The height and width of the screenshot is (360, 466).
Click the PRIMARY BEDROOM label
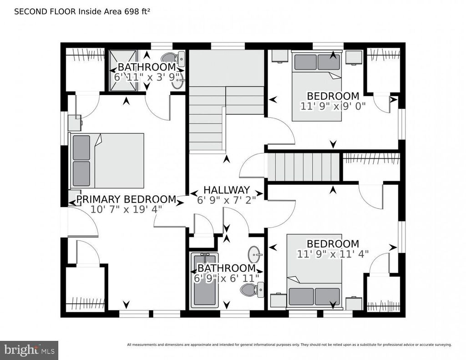(x=127, y=199)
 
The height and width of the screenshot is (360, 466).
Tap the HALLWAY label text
(x=227, y=190)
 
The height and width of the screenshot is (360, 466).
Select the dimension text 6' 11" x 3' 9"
(x=147, y=77)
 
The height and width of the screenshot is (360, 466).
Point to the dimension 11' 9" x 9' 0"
(x=333, y=106)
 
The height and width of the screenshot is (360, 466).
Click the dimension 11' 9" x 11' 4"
(x=333, y=254)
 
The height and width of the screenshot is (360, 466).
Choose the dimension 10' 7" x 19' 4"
(x=127, y=209)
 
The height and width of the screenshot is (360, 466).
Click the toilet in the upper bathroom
(x=173, y=59)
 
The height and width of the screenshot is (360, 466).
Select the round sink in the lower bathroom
(x=255, y=255)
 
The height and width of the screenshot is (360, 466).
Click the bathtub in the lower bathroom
(x=205, y=280)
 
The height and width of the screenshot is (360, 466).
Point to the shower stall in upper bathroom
(x=123, y=70)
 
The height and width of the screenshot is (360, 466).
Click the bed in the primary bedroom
(x=107, y=161)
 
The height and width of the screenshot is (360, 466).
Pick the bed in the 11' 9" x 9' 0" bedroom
(x=317, y=86)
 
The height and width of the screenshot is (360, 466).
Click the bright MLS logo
(x=29, y=350)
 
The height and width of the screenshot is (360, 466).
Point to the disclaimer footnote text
(x=289, y=345)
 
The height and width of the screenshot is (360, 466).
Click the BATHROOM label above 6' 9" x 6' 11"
(x=227, y=268)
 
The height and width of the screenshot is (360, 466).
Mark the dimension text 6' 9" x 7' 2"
(x=227, y=200)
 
